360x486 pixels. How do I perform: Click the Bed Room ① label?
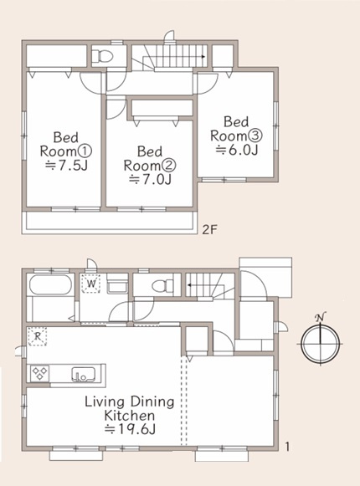66,145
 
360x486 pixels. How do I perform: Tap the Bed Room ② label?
150,159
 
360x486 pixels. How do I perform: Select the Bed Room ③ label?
236,129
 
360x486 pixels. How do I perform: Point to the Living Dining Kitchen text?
130,408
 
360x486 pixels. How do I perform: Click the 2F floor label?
210,230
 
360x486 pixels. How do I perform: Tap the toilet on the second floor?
104,56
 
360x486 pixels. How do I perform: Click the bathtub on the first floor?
50,284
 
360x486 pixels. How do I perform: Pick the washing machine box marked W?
90,284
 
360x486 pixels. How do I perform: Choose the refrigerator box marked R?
37,336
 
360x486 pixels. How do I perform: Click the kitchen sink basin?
83,374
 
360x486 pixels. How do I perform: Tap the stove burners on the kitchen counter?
40,373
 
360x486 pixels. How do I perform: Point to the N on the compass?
320,317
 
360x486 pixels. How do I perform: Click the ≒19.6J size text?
130,429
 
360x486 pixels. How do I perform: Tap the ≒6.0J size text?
237,151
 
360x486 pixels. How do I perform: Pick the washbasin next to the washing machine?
117,286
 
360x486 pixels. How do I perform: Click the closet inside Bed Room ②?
162,108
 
